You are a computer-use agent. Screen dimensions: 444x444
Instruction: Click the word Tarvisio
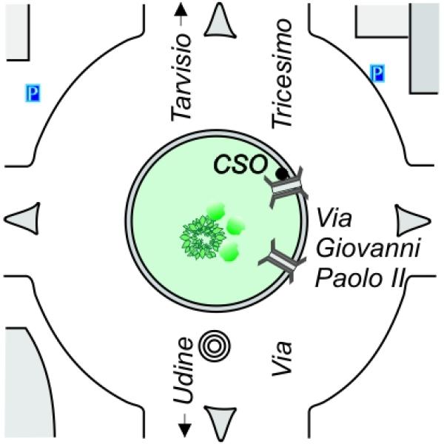pyautogui.click(x=181, y=77)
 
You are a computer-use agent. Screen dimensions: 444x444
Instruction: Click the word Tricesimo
pyautogui.click(x=282, y=73)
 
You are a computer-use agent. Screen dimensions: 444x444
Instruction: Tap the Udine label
pyautogui.click(x=183, y=371)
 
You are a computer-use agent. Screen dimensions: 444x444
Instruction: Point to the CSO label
pyautogui.click(x=240, y=165)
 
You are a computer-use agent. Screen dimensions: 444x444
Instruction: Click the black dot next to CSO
pyautogui.click(x=282, y=173)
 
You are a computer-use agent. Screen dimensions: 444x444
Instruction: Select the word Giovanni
pyautogui.click(x=368, y=248)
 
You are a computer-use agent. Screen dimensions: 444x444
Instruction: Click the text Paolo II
pyautogui.click(x=359, y=277)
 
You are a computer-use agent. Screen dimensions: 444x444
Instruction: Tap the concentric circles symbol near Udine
pyautogui.click(x=215, y=346)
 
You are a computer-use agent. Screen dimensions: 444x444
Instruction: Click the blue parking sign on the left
pyautogui.click(x=33, y=93)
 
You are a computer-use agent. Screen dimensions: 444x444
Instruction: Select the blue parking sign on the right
pyautogui.click(x=377, y=73)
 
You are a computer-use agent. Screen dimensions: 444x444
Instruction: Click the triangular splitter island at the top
pyautogui.click(x=220, y=21)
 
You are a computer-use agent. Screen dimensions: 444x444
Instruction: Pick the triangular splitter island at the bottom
pyautogui.click(x=221, y=423)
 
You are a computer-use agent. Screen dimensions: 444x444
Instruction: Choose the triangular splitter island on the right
pyautogui.click(x=411, y=221)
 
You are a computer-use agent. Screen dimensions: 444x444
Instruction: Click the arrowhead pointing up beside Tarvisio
pyautogui.click(x=181, y=12)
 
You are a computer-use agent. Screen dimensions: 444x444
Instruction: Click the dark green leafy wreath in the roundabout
pyautogui.click(x=203, y=238)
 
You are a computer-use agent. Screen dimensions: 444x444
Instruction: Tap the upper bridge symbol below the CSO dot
pyautogui.click(x=286, y=187)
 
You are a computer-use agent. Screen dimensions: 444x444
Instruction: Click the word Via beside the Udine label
pyautogui.click(x=282, y=358)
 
